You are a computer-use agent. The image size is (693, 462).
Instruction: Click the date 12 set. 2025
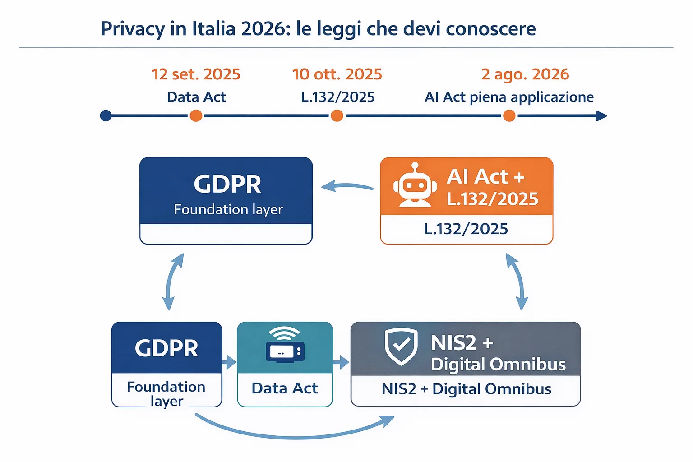pyautogui.click(x=196, y=74)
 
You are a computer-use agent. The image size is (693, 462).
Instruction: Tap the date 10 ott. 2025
pyautogui.click(x=337, y=74)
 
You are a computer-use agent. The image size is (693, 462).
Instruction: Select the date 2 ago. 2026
pyautogui.click(x=525, y=74)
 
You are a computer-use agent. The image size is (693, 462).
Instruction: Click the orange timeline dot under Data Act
pyautogui.click(x=196, y=116)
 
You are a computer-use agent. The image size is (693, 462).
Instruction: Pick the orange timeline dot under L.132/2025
pyautogui.click(x=337, y=116)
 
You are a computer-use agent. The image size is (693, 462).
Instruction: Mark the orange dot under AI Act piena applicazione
pyautogui.click(x=509, y=116)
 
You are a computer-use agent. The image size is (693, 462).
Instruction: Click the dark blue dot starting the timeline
pyautogui.click(x=106, y=116)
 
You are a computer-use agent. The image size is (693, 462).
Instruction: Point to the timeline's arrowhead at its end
pyautogui.click(x=601, y=116)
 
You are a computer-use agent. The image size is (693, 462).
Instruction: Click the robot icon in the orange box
pyautogui.click(x=414, y=185)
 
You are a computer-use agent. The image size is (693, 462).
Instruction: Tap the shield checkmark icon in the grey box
pyautogui.click(x=401, y=346)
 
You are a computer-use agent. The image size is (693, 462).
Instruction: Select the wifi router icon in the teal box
pyautogui.click(x=285, y=345)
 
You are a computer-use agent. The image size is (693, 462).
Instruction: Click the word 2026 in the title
pyautogui.click(x=263, y=29)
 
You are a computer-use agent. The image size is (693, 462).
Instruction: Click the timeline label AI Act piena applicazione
pyautogui.click(x=509, y=97)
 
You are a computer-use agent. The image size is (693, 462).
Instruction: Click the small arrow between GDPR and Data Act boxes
pyautogui.click(x=229, y=362)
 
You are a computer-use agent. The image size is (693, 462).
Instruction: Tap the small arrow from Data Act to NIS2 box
pyautogui.click(x=341, y=362)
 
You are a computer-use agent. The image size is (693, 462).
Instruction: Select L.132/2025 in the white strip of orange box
pyautogui.click(x=466, y=229)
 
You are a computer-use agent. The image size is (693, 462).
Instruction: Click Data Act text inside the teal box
pyautogui.click(x=285, y=388)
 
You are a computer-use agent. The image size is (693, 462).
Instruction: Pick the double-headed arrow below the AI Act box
pyautogui.click(x=517, y=282)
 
